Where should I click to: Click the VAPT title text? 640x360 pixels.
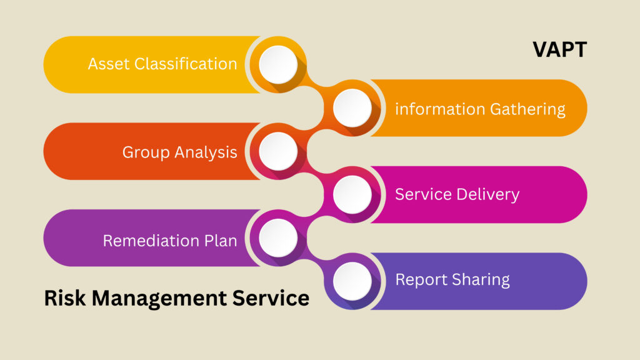click(559, 49)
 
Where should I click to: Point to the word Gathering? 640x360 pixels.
click(527, 109)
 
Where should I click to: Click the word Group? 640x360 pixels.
click(145, 152)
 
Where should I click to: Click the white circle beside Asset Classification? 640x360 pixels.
click(278, 64)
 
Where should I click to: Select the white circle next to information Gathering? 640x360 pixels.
click(352, 108)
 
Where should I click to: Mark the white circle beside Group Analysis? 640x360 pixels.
click(278, 151)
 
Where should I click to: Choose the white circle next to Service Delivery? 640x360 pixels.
click(352, 194)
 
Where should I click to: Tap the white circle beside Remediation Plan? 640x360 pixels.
click(278, 237)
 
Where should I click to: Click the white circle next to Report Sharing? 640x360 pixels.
click(352, 281)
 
